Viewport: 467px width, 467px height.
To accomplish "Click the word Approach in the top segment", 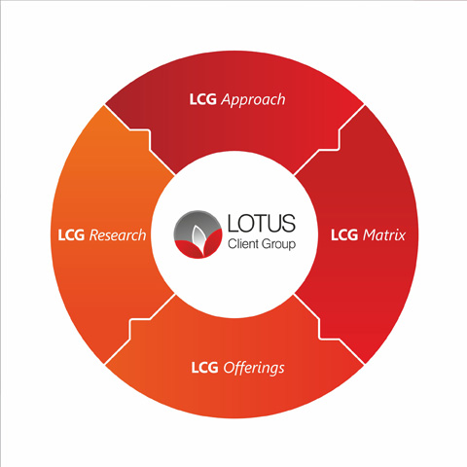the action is [253, 99].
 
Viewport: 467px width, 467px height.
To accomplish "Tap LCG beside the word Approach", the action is [203, 99].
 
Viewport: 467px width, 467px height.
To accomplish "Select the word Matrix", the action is [384, 235].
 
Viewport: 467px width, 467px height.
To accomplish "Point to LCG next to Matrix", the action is [344, 235].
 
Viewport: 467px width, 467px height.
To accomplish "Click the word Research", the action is [118, 235].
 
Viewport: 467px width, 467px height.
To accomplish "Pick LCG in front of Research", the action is [71, 235].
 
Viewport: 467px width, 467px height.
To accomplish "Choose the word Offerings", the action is [254, 368].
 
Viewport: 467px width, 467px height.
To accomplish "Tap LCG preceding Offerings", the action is [204, 368].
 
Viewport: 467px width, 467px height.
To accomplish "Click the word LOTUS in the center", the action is [262, 223].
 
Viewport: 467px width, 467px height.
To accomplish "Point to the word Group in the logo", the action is [278, 244].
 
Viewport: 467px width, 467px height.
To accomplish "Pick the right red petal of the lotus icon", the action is [212, 244].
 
